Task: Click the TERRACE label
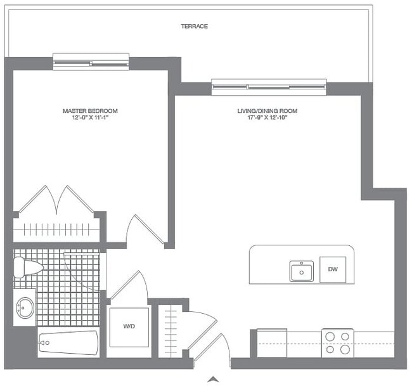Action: click(194, 26)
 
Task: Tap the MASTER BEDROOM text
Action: click(90, 111)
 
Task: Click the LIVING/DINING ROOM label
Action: click(267, 111)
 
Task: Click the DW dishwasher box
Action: click(332, 269)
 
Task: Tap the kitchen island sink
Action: click(301, 271)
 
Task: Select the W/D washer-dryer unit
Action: click(129, 327)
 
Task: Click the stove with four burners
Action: click(337, 344)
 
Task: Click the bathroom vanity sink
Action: click(25, 308)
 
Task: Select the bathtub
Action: click(68, 344)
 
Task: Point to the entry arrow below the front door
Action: click(214, 379)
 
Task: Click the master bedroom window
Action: click(91, 61)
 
